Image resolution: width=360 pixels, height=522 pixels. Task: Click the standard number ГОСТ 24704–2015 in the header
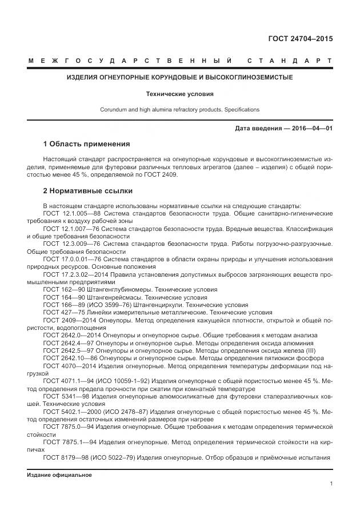300,39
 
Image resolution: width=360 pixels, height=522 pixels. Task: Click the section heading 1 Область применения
86,144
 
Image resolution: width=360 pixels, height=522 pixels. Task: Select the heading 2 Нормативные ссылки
88,190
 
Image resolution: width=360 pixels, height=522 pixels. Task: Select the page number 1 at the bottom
331,484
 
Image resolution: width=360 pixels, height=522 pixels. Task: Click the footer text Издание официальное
59,475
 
